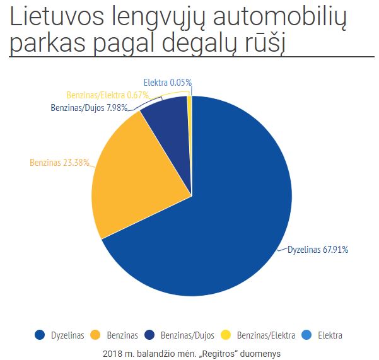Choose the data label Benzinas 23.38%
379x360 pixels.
[61, 162]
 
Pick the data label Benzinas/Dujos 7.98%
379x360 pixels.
[89, 107]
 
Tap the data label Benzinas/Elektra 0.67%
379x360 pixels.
[107, 95]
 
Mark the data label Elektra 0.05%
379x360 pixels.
[167, 83]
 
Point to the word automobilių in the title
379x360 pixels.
[277, 19]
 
